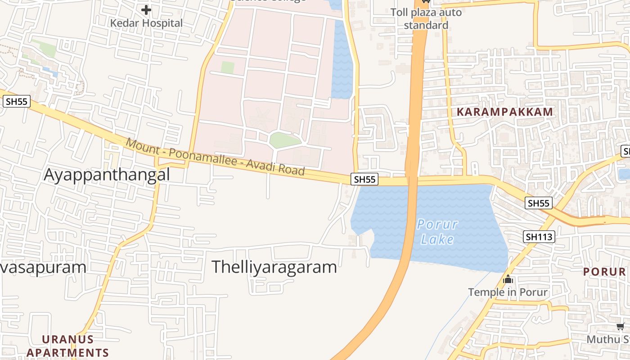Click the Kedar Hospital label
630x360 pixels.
[x=147, y=23]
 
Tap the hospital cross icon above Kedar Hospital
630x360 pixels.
[x=146, y=9]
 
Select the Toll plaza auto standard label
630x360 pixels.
[x=426, y=18]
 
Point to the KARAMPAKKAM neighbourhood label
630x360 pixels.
[x=504, y=112]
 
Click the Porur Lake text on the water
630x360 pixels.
[x=437, y=232]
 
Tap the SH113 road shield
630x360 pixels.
[x=539, y=237]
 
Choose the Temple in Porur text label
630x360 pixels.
[x=508, y=292]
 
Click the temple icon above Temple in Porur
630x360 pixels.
[x=508, y=279]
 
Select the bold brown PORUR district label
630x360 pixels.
[x=604, y=272]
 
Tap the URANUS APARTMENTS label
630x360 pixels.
[x=68, y=346]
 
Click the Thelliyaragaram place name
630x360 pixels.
[x=274, y=267]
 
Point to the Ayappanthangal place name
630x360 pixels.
[x=107, y=175]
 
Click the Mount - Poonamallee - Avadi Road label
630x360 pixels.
[x=216, y=157]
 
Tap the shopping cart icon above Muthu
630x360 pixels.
[x=621, y=327]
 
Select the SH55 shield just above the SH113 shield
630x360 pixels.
[x=539, y=203]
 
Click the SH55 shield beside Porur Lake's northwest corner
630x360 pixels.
[x=364, y=180]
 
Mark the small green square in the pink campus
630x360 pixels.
[x=228, y=67]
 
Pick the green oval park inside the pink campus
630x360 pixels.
[x=284, y=140]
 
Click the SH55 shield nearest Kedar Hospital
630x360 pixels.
[x=17, y=102]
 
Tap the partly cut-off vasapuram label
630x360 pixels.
[x=43, y=267]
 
